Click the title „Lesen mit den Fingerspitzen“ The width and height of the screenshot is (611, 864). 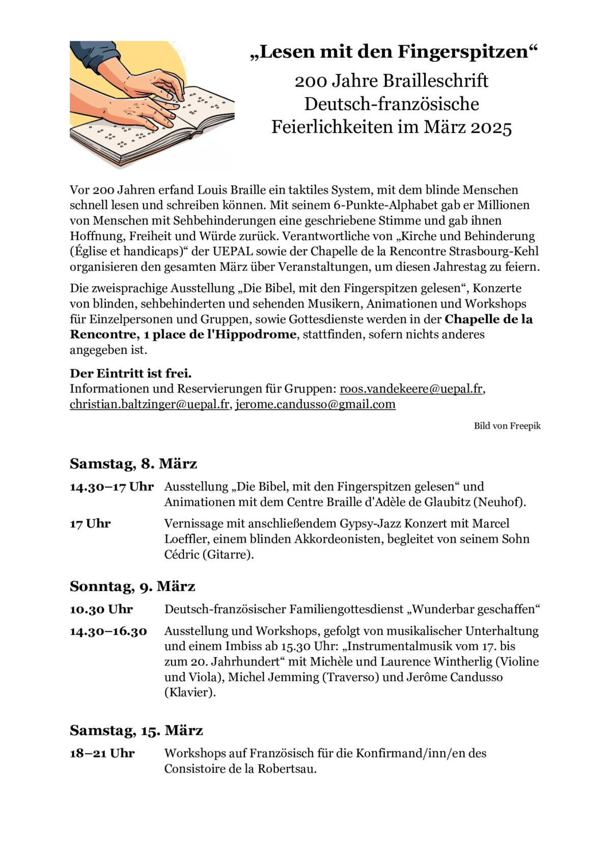pos(394,52)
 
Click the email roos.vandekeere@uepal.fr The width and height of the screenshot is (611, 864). pos(411,389)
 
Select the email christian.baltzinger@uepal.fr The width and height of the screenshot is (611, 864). pos(150,404)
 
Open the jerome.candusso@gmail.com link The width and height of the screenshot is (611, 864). pos(315,404)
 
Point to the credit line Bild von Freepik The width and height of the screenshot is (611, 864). pos(507,426)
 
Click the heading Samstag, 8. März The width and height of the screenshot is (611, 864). pos(133,464)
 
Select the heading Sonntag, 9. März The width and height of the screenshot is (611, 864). pos(132,587)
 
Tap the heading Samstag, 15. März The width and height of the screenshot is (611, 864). pos(136,731)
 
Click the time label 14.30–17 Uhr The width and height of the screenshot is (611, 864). pos(112,487)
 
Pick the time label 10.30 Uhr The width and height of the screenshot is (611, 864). pos(101,609)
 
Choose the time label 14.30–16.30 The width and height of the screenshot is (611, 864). pos(108,631)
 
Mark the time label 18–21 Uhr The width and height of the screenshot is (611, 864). pos(102,754)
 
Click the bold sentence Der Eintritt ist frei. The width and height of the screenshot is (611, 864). pos(131,374)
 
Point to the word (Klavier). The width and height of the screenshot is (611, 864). pos(190,693)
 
